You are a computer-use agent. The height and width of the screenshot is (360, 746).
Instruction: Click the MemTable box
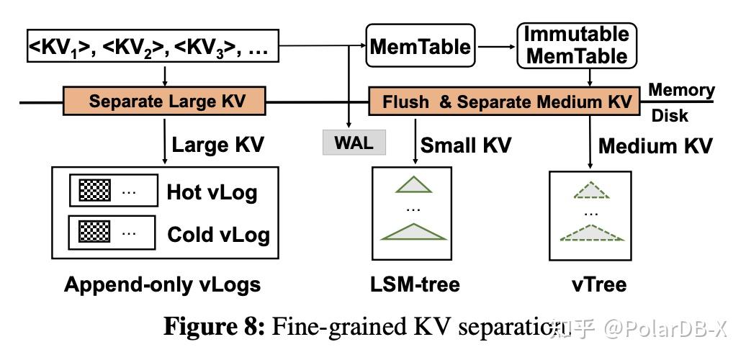coord(421,48)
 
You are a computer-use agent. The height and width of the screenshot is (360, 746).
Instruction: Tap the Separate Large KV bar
coord(166,101)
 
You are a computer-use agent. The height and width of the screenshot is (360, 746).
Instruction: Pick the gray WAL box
coord(354,143)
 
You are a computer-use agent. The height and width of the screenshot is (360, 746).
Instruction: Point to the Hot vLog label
coord(212,192)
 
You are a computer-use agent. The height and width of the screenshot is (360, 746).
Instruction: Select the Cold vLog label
coord(217,234)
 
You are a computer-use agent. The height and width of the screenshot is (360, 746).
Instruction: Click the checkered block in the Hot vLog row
coord(94,192)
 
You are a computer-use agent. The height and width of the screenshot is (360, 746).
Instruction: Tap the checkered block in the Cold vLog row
coord(94,233)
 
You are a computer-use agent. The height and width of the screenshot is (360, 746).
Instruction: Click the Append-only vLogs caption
coord(162,284)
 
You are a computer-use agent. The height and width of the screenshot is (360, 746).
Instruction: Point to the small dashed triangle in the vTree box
coord(590,190)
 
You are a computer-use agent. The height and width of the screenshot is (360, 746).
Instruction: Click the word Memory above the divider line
coord(680,91)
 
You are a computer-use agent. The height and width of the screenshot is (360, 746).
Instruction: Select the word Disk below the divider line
coord(670,115)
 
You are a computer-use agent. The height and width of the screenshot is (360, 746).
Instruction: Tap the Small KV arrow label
coord(465,145)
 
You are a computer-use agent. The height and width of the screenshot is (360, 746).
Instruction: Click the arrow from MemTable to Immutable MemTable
coord(496,48)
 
